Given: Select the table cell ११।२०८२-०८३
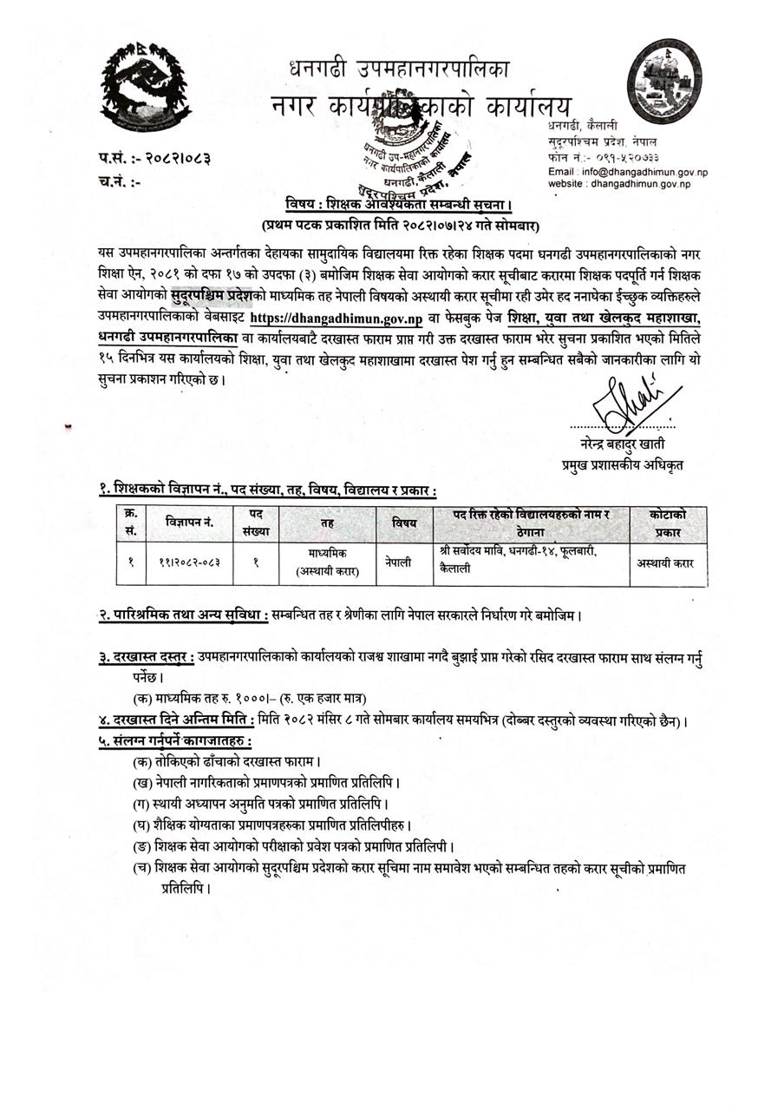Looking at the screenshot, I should pos(190,562).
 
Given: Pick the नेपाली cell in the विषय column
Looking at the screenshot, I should pos(399,562).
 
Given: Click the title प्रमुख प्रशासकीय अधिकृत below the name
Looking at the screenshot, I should pos(622,465).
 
